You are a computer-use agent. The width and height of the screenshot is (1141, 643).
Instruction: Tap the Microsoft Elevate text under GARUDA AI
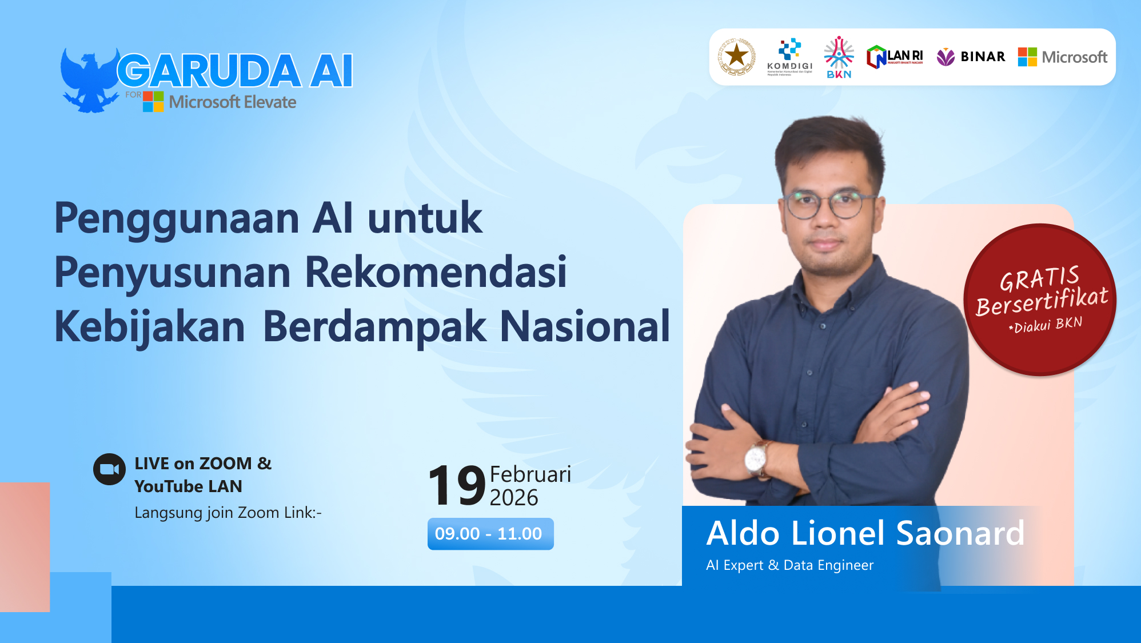click(232, 102)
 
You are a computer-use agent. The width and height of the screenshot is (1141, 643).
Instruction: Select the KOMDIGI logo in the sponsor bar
click(789, 57)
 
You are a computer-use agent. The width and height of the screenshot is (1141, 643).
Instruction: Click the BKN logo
click(839, 57)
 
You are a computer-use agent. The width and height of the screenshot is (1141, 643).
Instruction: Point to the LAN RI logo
click(895, 57)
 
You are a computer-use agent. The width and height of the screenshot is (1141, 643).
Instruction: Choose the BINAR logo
click(971, 57)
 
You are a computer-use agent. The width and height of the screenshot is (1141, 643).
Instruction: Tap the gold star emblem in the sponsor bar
click(736, 57)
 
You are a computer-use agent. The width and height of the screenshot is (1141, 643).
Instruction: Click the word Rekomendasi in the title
click(436, 272)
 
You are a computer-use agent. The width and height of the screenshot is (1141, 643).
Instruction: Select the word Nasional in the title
click(584, 326)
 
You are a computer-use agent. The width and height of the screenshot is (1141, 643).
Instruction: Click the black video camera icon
click(109, 469)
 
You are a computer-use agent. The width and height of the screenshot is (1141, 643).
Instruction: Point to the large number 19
click(457, 486)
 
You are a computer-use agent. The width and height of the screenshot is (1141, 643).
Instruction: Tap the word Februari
click(530, 474)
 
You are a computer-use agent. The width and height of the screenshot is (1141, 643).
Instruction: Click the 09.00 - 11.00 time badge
click(490, 534)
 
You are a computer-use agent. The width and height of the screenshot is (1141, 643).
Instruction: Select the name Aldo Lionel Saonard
click(865, 533)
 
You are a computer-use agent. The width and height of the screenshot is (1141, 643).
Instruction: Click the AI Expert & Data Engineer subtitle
click(789, 565)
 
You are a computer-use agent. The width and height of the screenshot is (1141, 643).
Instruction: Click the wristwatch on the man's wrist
click(756, 458)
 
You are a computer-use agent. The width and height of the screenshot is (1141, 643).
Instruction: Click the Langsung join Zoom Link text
click(228, 513)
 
